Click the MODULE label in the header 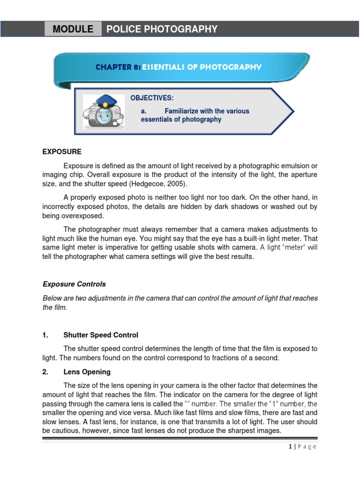(x=73, y=29)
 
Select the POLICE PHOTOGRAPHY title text (x=162, y=29)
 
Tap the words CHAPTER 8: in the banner (x=118, y=67)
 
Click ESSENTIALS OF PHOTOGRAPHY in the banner (x=202, y=67)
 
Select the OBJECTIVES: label (x=152, y=98)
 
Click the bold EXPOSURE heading (x=62, y=152)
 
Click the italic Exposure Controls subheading (x=74, y=284)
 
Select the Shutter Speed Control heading (x=101, y=335)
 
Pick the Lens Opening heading (x=87, y=372)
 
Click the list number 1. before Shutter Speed (x=45, y=335)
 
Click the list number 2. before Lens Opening (x=45, y=372)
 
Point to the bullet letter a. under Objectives (x=143, y=111)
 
